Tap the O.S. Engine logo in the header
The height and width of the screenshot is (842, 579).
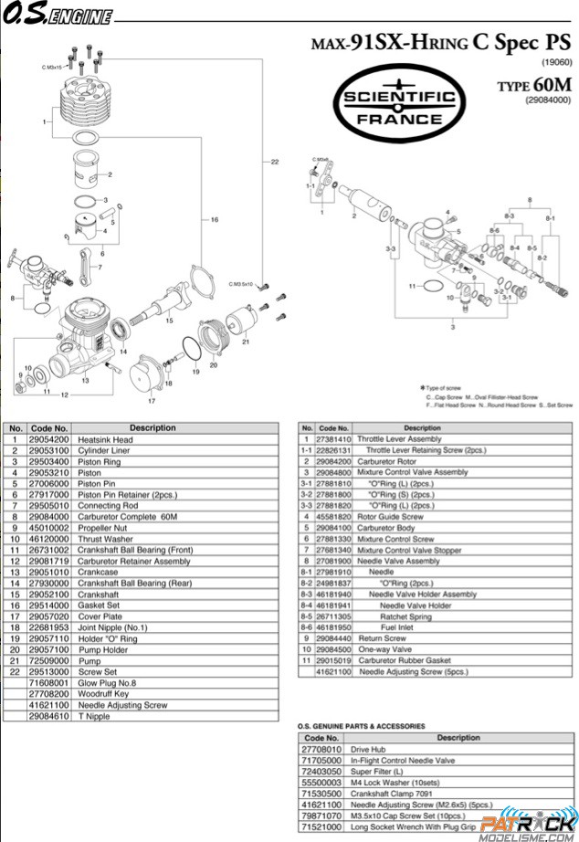[x=58, y=16]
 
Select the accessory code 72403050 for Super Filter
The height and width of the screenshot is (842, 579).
[x=321, y=771]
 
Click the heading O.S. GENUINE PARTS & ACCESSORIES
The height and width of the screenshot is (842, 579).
[x=362, y=726]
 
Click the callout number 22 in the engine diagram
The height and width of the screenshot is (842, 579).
[x=274, y=162]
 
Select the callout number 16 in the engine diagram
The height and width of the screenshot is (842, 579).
[x=214, y=220]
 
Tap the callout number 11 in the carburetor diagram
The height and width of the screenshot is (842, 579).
[x=413, y=286]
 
